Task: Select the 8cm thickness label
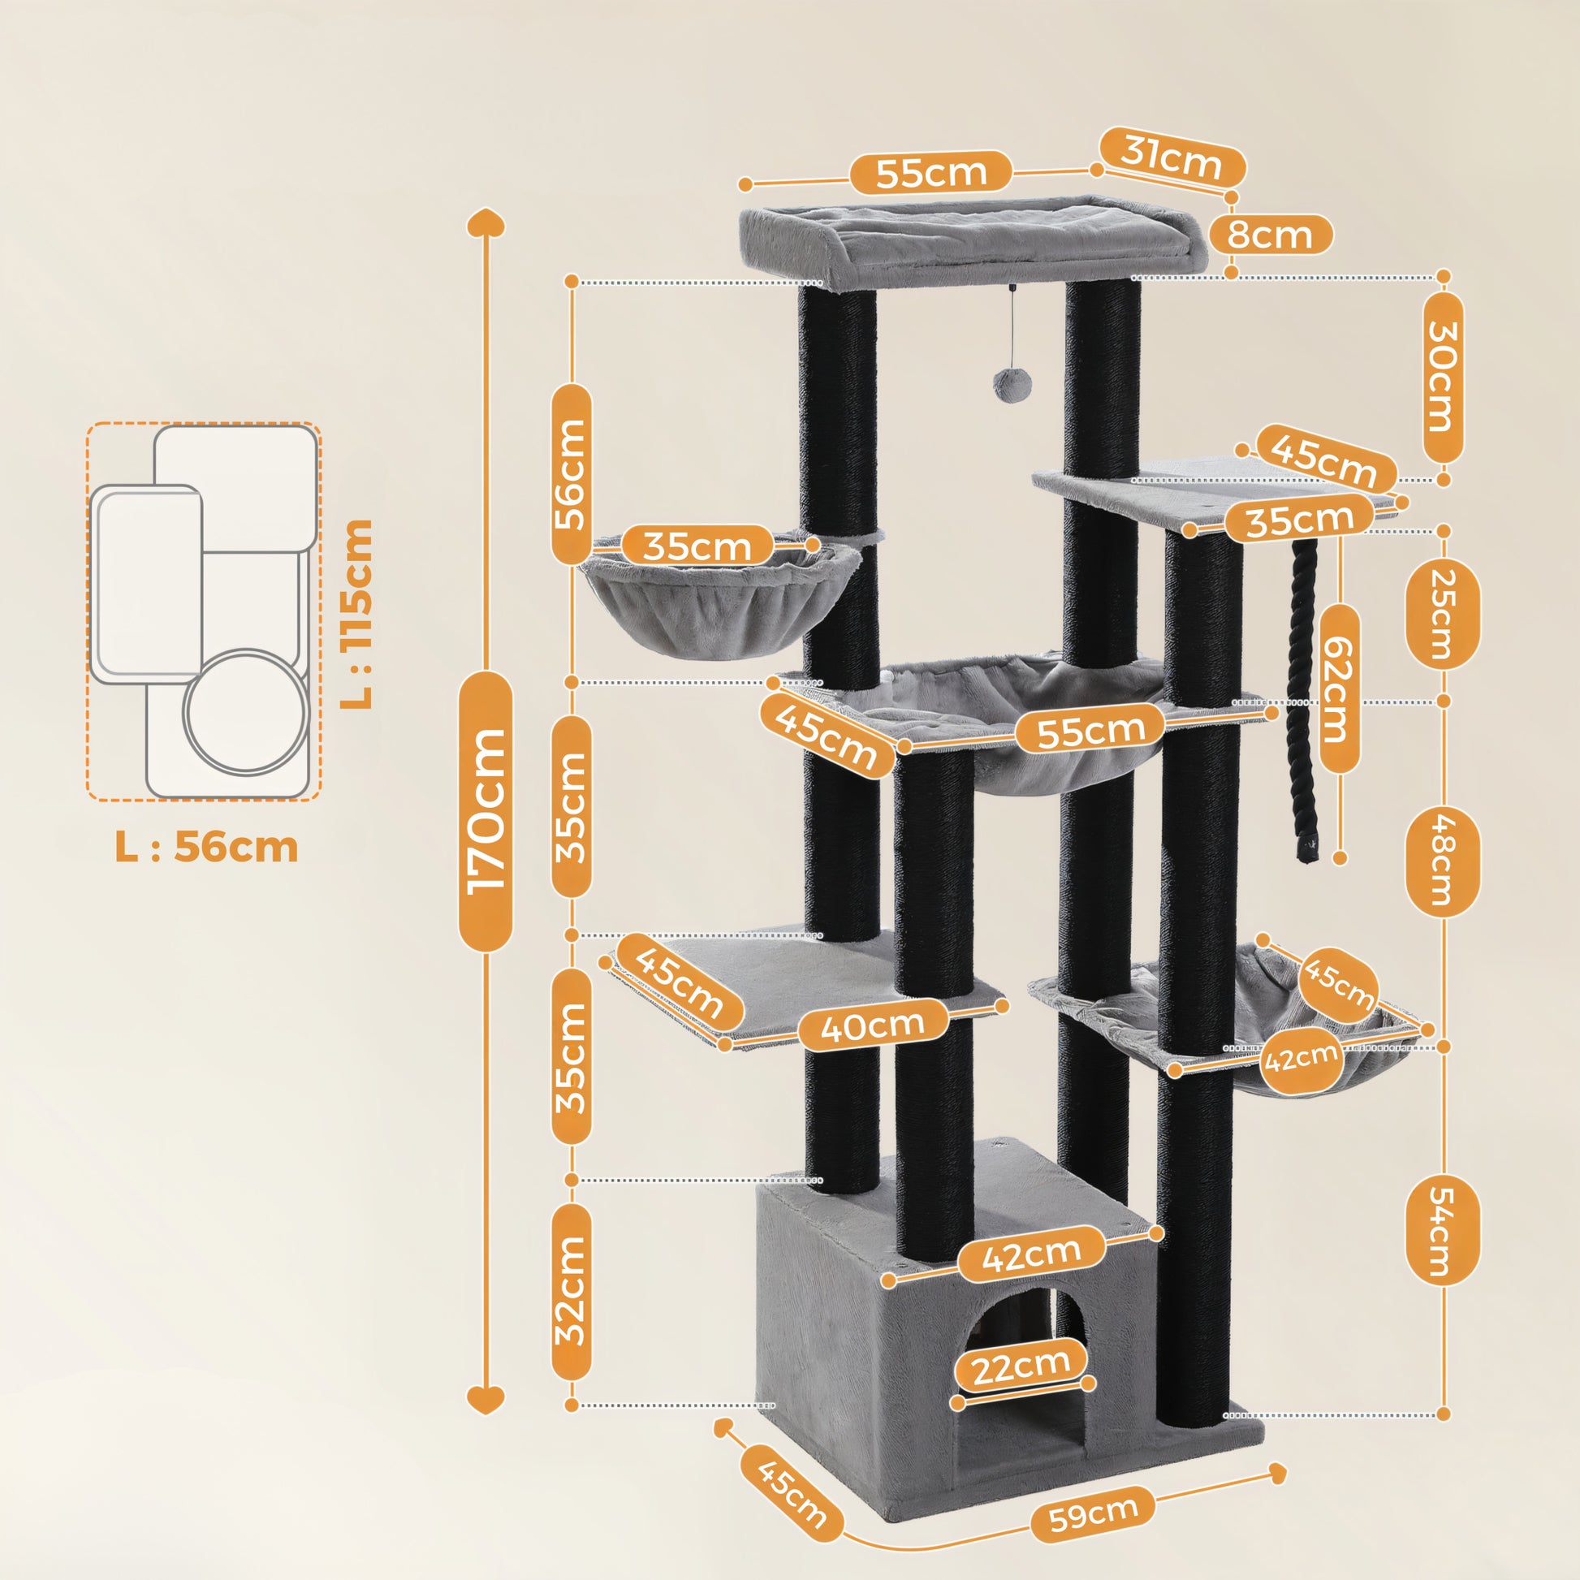click(x=1270, y=235)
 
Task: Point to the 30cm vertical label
click(x=1443, y=378)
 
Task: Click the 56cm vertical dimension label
click(x=571, y=474)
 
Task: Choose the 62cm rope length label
click(x=1339, y=689)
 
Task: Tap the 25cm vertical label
click(x=1442, y=613)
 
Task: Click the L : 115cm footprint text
click(x=357, y=613)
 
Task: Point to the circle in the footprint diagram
click(x=245, y=710)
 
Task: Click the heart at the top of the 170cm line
click(x=486, y=223)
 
